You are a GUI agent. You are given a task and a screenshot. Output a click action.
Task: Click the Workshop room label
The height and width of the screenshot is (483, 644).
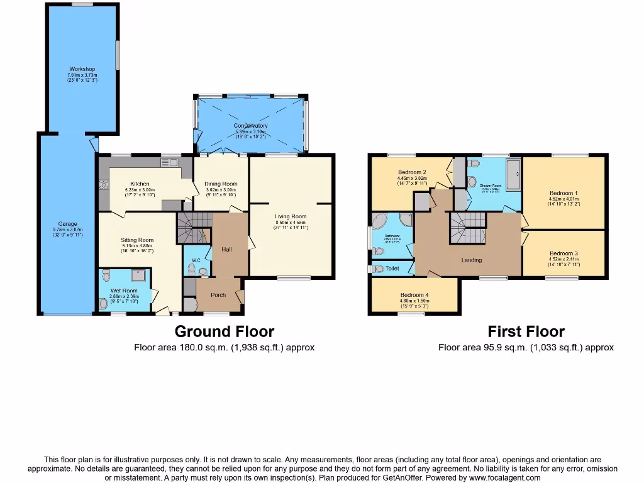point(82,69)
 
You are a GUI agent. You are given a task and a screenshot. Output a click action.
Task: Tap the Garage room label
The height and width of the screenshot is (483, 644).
point(68,224)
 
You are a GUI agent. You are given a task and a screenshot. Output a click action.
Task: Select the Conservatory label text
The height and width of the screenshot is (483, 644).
point(250,126)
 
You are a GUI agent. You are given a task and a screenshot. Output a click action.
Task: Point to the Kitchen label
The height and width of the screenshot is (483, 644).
point(140,184)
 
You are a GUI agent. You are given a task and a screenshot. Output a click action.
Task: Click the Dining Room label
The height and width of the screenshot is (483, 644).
point(221,184)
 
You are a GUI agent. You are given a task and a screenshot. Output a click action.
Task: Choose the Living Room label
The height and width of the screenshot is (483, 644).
point(291,217)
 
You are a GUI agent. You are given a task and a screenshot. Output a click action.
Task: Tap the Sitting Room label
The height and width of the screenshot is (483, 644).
point(137,240)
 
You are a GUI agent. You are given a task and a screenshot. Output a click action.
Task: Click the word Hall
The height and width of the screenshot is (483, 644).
point(226,250)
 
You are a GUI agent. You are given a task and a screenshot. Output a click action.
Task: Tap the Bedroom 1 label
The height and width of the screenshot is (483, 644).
point(563,193)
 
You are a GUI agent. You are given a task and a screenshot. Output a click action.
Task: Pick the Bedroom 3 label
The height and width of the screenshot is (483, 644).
point(563,253)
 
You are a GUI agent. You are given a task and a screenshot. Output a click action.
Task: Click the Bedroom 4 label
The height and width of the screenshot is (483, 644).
point(414,295)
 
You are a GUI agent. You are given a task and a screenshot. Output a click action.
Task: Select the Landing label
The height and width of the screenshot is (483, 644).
point(471,260)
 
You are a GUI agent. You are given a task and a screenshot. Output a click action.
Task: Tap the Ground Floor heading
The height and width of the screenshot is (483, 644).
point(224,331)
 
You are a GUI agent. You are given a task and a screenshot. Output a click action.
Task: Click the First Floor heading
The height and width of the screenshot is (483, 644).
point(526,331)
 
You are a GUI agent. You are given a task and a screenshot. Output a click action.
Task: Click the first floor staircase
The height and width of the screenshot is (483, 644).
point(467,226)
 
